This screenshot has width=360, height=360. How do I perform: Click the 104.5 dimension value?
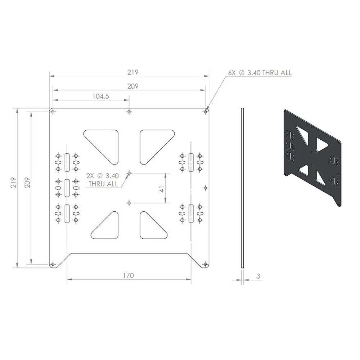tap(101, 96)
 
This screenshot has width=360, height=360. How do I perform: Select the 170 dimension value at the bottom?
tap(128, 275)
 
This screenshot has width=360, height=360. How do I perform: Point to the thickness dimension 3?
tap(258, 276)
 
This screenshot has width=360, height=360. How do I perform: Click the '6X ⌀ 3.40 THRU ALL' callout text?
tap(260, 73)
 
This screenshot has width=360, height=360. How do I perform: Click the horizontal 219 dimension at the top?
tap(132, 72)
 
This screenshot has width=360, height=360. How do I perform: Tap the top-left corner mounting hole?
tap(53, 112)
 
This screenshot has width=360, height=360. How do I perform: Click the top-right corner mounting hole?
tap(205, 112)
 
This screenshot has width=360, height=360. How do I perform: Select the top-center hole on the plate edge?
tap(129, 112)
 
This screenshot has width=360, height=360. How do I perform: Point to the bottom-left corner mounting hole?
tap(53, 265)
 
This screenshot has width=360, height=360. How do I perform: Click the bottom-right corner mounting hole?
tap(205, 265)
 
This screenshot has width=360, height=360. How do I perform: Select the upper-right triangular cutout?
tap(153, 143)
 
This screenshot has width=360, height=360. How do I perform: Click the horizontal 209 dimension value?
tap(132, 86)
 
